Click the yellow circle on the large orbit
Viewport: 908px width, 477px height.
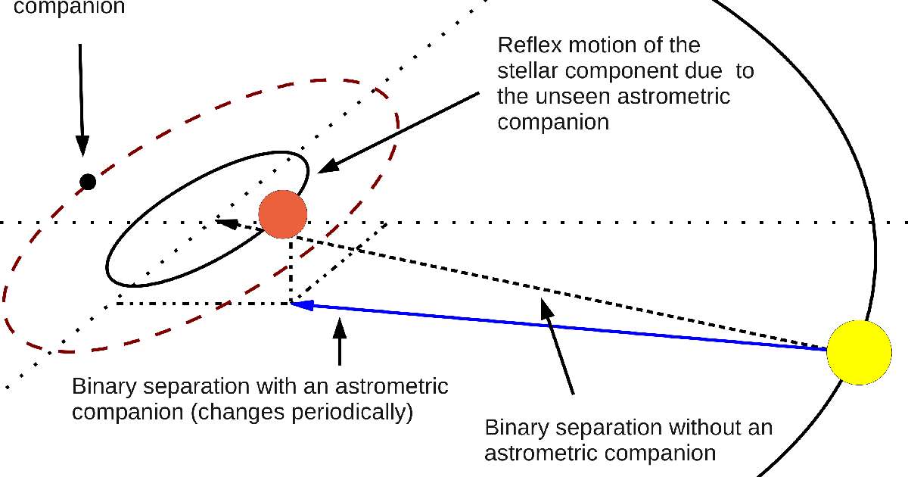pos(858,352)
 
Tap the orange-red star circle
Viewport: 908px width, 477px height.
pos(282,214)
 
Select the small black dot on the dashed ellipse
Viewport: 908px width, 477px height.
pos(88,182)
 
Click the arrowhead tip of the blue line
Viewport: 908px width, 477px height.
pos(294,304)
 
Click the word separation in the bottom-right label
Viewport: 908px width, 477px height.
pos(608,428)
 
